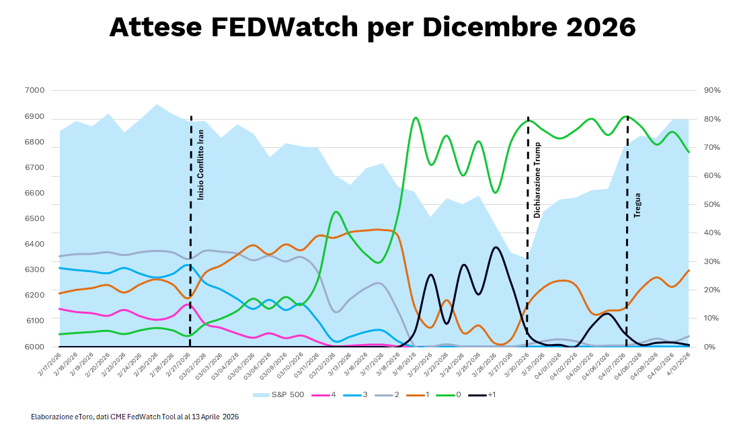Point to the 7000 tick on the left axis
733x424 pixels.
[35, 91]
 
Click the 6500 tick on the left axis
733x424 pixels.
[35, 219]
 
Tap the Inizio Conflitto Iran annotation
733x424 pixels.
[200, 164]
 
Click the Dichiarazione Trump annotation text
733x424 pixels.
[537, 180]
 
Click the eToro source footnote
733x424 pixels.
[134, 417]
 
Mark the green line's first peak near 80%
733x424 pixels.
[415, 118]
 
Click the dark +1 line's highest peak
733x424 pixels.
[496, 247]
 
